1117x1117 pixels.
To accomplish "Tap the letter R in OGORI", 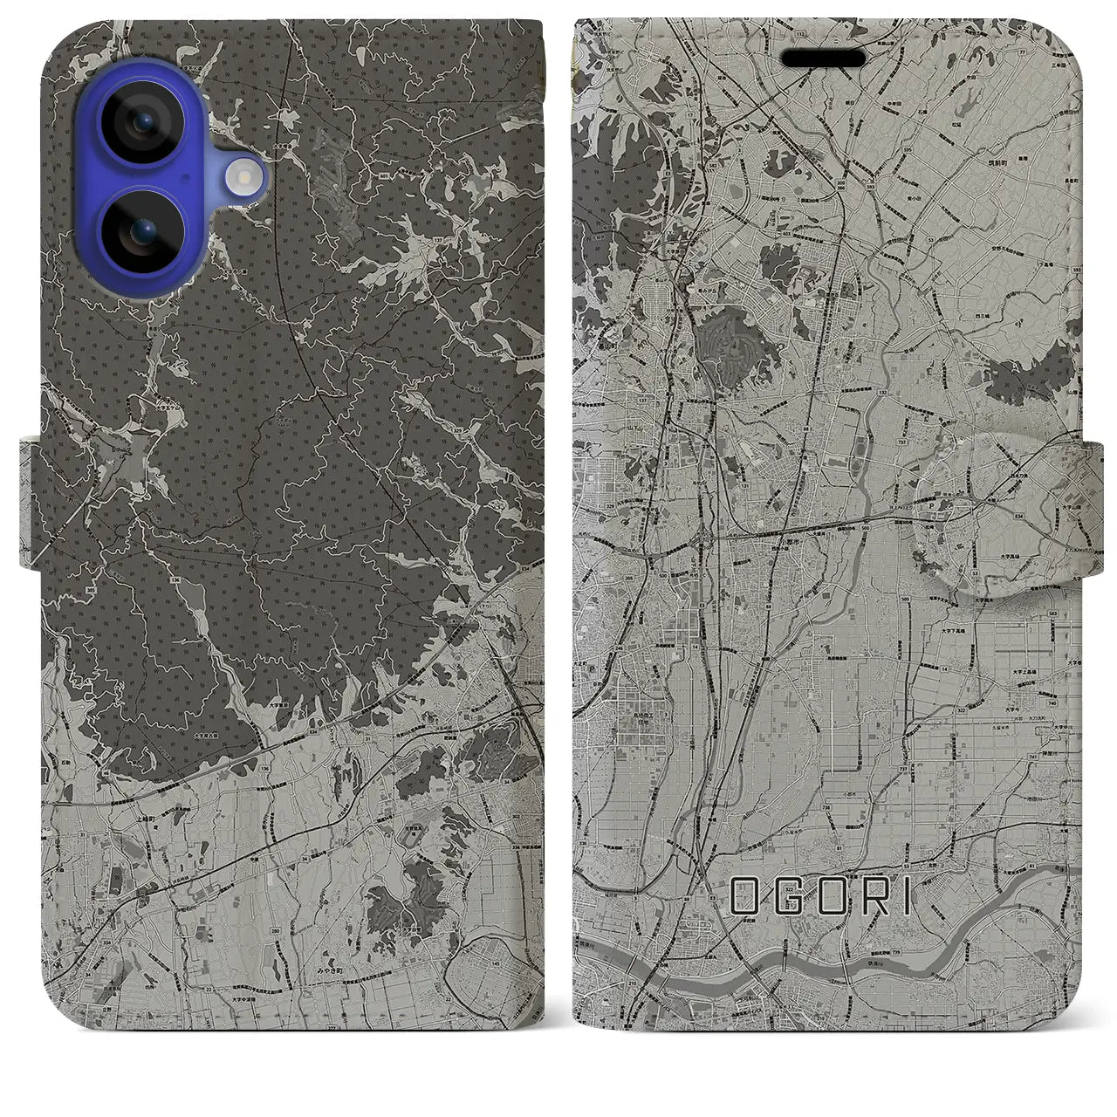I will pyautogui.click(x=864, y=897).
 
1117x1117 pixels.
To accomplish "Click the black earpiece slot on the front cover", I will pyautogui.click(x=823, y=58).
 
